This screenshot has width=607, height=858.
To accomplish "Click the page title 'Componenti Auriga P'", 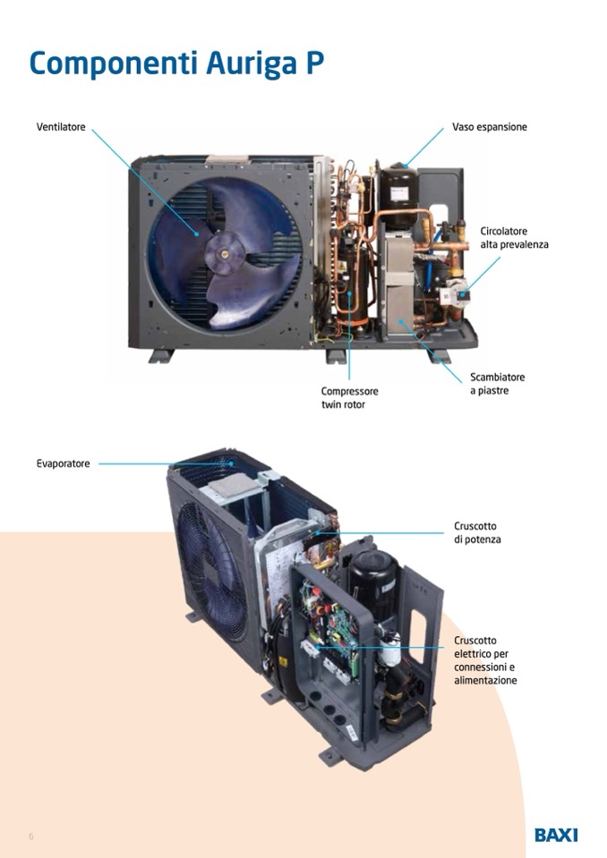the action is (176, 63).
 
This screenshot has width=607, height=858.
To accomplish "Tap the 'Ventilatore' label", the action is (61, 127).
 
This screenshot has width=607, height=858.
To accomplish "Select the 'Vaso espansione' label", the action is (490, 127).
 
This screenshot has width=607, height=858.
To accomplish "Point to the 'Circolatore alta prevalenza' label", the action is (514, 237).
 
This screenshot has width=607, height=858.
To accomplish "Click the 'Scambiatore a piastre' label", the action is (497, 384).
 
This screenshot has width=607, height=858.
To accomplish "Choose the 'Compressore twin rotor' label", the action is (349, 398).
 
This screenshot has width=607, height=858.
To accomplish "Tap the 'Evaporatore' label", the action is (63, 463).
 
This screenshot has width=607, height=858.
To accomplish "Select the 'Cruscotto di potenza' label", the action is (477, 532).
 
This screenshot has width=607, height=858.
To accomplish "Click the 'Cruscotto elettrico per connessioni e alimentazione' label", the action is (485, 660).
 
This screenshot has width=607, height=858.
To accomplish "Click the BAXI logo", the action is (556, 835).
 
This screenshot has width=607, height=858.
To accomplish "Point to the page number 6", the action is (31, 837).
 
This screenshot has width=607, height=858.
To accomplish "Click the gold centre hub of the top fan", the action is (225, 253).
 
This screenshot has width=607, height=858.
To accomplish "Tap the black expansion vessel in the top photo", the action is (398, 195).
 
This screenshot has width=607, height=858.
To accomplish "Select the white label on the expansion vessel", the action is (399, 193).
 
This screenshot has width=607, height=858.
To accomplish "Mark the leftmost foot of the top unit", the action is (161, 356).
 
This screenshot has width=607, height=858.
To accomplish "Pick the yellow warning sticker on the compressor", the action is (342, 267).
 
